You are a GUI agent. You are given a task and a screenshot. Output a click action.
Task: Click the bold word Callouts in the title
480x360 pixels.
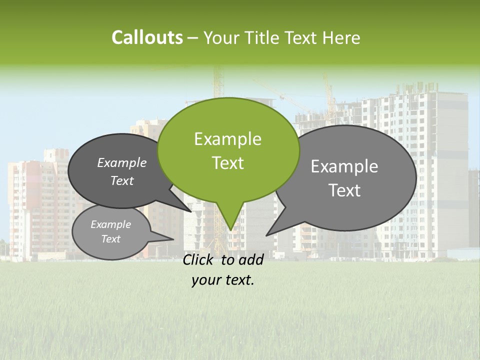click(147, 37)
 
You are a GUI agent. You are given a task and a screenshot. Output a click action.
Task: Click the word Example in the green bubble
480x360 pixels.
click(227, 139)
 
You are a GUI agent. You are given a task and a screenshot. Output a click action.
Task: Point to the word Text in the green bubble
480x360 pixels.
click(227, 163)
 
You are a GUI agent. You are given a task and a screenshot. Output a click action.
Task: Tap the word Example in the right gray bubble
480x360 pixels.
click(344, 166)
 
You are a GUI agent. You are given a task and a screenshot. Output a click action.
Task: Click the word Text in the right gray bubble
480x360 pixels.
click(344, 190)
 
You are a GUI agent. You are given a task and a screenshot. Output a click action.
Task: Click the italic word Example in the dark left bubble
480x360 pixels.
click(122, 163)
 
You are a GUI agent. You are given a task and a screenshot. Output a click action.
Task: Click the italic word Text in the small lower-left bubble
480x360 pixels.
click(111, 239)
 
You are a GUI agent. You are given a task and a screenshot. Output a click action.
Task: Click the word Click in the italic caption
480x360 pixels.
click(198, 259)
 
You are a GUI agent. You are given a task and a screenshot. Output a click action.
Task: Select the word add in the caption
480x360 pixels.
click(251, 259)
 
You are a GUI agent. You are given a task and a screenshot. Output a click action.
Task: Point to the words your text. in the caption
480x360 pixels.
click(223, 280)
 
